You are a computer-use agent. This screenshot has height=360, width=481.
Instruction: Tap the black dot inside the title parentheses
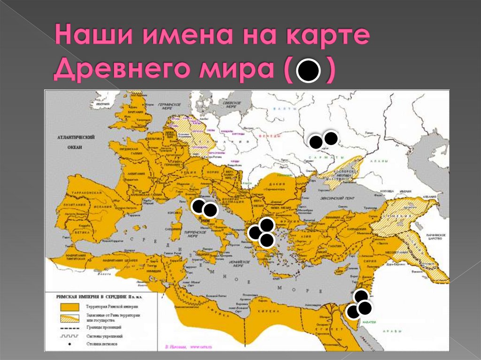308,71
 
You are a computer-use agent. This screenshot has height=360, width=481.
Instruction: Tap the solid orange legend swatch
70,306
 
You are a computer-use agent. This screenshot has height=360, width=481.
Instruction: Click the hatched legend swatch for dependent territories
70,317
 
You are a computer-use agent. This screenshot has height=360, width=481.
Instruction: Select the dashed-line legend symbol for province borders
70,327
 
